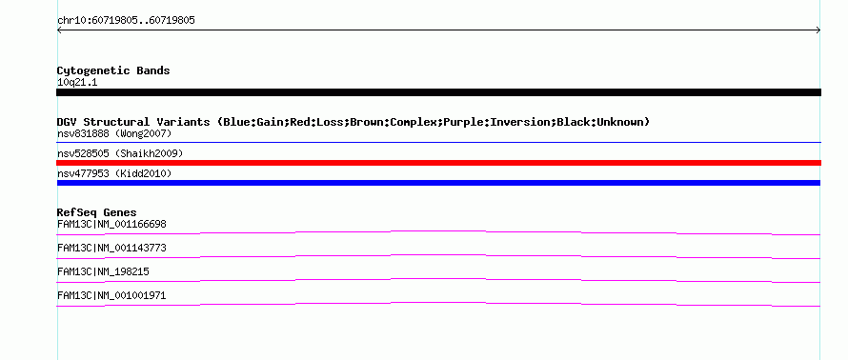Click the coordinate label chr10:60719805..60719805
pyautogui.click(x=126, y=21)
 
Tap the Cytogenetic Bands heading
pyautogui.click(x=113, y=70)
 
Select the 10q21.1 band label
pyautogui.click(x=77, y=83)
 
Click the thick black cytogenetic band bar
pyautogui.click(x=438, y=92)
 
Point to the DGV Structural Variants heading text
pyautogui.click(x=353, y=122)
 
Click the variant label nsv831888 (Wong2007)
pyautogui.click(x=114, y=133)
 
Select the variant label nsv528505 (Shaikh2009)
pyautogui.click(x=120, y=153)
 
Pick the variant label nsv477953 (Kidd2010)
pyautogui.click(x=114, y=173)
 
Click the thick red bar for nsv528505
pyautogui.click(x=438, y=163)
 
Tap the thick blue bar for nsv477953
pyautogui.click(x=438, y=183)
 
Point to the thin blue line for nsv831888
pyautogui.click(x=438, y=142)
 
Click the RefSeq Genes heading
pyautogui.click(x=97, y=213)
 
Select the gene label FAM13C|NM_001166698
pyautogui.click(x=111, y=225)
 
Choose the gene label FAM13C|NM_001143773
pyautogui.click(x=111, y=249)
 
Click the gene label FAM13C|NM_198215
pyautogui.click(x=103, y=271)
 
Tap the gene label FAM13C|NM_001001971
pyautogui.click(x=111, y=295)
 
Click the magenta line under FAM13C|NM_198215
pyautogui.click(x=438, y=279)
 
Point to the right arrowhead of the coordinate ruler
pyautogui.click(x=818, y=30)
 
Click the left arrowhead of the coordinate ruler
pyautogui.click(x=59, y=30)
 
